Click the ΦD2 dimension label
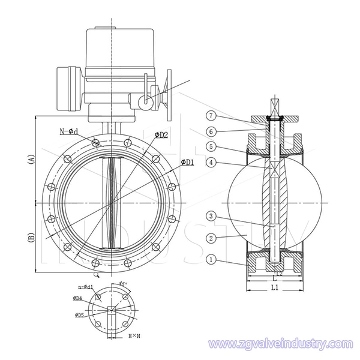161,135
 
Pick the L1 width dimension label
273,289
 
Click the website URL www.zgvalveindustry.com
278,344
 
